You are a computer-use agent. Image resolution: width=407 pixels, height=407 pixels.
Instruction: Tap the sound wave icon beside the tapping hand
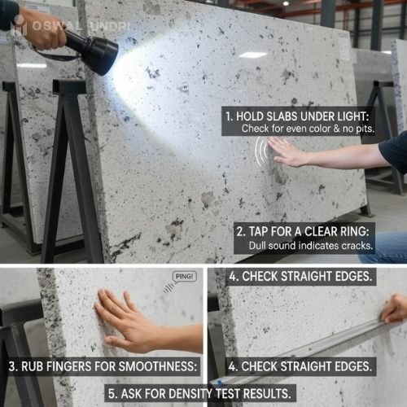[x=261, y=151]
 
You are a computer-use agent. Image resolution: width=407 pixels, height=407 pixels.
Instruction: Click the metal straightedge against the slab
[x=309, y=351]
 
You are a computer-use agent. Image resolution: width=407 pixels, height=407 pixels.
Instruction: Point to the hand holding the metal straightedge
[x=395, y=309]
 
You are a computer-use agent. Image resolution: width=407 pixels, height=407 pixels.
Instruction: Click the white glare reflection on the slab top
[x=253, y=55]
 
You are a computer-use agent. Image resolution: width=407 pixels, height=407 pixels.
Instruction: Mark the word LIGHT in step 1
[x=370, y=116]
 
